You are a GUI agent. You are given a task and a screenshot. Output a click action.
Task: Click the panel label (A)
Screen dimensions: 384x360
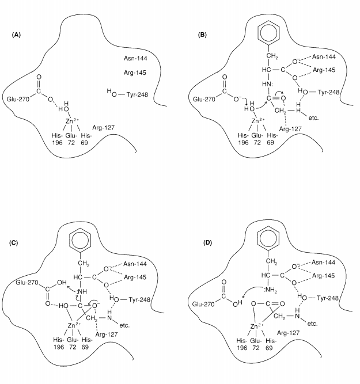pyautogui.click(x=17, y=35)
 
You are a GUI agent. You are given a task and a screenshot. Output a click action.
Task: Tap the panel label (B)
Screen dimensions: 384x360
pyautogui.click(x=202, y=35)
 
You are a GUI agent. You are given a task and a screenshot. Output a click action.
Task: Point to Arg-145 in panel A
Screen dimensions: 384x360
pyautogui.click(x=136, y=73)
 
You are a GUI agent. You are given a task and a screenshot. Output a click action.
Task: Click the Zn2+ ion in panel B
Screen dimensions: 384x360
pyautogui.click(x=255, y=121)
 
